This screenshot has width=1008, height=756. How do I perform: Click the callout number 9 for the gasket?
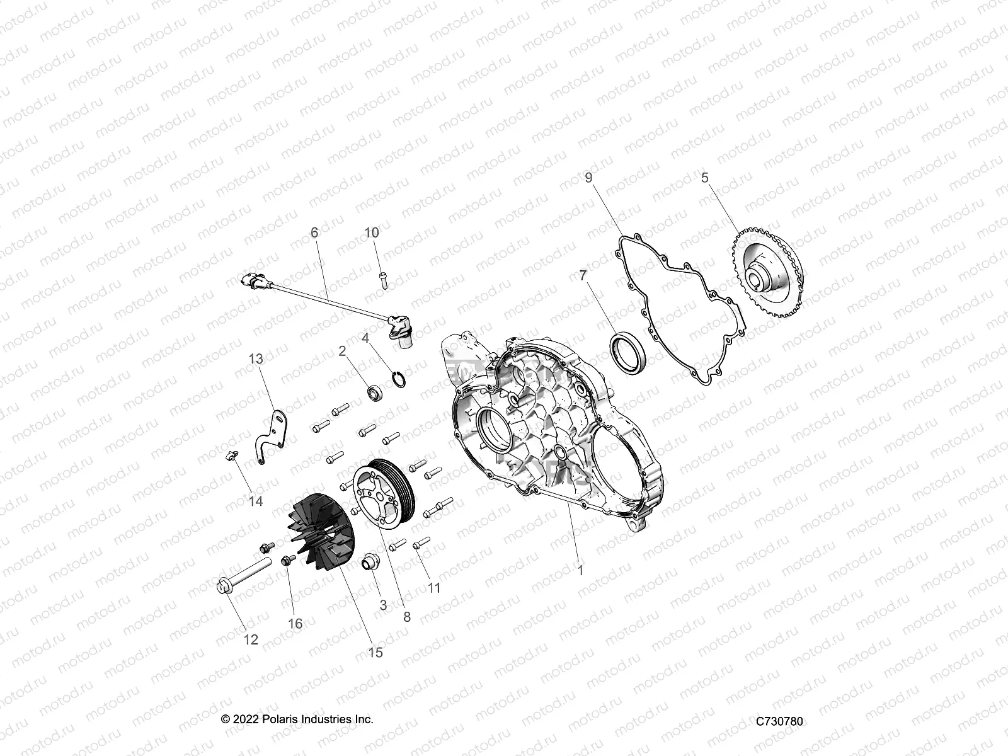(x=589, y=178)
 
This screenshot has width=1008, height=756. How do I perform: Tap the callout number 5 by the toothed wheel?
(x=705, y=178)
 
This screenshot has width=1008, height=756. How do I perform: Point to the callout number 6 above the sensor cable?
(x=315, y=232)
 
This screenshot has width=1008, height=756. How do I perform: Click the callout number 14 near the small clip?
(x=256, y=501)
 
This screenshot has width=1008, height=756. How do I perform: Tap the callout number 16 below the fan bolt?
(x=295, y=624)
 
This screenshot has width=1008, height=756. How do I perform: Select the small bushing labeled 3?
(x=370, y=562)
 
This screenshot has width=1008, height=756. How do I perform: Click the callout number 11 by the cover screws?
(x=434, y=588)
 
